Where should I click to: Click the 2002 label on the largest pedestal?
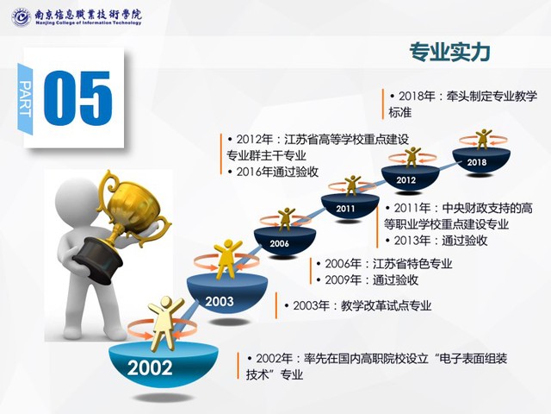150,368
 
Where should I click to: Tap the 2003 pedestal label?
220,301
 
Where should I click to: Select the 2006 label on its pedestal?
279,243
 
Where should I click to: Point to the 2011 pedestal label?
345,209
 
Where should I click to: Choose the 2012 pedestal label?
406,180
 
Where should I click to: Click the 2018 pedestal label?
477,162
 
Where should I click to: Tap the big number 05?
78,97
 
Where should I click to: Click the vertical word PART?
25,98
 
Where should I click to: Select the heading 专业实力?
449,52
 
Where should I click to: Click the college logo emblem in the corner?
21,17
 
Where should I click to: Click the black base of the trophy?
97,260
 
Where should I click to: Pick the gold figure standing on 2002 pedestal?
164,323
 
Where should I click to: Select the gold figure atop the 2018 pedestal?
484,139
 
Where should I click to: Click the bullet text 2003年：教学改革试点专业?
358,305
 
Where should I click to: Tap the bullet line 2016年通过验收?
273,172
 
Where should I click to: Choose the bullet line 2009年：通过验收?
368,279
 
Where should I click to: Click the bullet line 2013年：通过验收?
436,241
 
